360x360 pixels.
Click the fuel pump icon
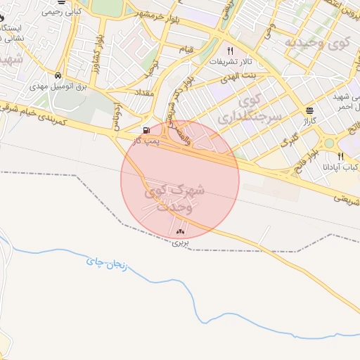pyautogui.click(x=146, y=129)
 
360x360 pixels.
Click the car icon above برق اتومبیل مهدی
pyautogui.click(x=58, y=76)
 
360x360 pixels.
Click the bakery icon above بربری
pyautogui.click(x=181, y=231)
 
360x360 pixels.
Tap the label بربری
pyautogui.click(x=181, y=243)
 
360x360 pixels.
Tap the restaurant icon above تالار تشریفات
pyautogui.click(x=230, y=51)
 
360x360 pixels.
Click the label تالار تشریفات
pyautogui.click(x=231, y=63)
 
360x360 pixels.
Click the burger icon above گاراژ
pyautogui.click(x=310, y=110)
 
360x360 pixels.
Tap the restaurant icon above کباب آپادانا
pyautogui.click(x=341, y=156)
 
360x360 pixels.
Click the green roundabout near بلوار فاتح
pyautogui.click(x=328, y=143)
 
